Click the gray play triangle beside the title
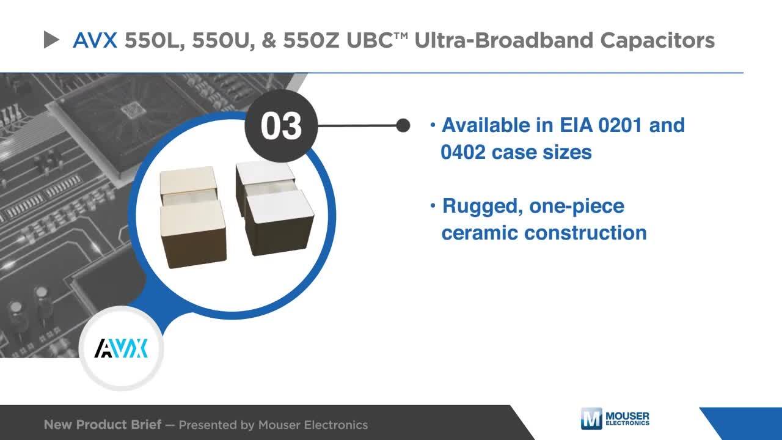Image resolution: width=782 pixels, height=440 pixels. pyautogui.click(x=51, y=40)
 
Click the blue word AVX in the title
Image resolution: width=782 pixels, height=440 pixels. pyautogui.click(x=95, y=40)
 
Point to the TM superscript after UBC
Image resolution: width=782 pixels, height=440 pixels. pyautogui.click(x=401, y=35)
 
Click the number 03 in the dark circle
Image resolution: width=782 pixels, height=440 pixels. pyautogui.click(x=281, y=126)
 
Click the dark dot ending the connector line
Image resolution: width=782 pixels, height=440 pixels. pyautogui.click(x=403, y=125)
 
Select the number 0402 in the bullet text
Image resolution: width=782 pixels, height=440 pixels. pyautogui.click(x=463, y=152)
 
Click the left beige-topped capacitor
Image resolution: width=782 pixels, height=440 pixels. pyautogui.click(x=192, y=216)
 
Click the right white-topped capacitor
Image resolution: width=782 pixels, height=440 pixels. pyautogui.click(x=275, y=208)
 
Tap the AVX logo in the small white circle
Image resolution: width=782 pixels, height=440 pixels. pyautogui.click(x=121, y=348)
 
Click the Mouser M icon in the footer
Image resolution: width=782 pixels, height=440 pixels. pyautogui.click(x=591, y=419)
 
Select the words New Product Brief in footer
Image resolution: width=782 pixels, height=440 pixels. pyautogui.click(x=103, y=425)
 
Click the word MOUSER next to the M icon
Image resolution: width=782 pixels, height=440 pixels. pyautogui.click(x=627, y=416)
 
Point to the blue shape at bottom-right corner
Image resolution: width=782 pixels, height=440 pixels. pyautogui.click(x=747, y=424)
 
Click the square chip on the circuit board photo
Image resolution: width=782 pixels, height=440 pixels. pyautogui.click(x=133, y=111)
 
